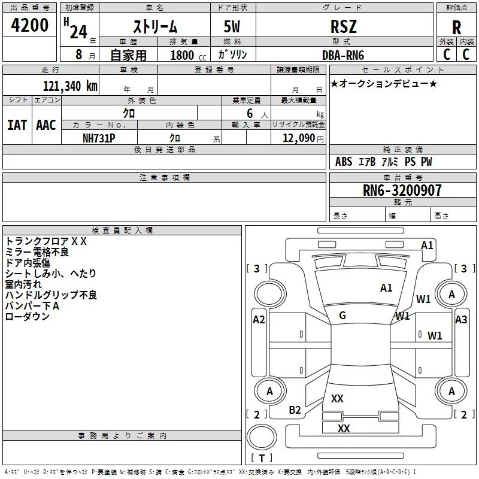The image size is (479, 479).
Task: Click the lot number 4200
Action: [29, 25]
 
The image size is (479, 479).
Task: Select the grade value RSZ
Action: [343, 26]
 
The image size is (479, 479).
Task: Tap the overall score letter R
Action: [456, 28]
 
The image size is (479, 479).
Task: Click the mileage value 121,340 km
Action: [70, 86]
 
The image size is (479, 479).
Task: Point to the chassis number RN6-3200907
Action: [402, 190]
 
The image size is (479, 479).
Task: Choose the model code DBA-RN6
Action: [343, 55]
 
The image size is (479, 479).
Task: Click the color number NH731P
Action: [99, 138]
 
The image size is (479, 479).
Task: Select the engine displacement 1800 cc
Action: [188, 55]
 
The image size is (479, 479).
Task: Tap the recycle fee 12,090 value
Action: [299, 138]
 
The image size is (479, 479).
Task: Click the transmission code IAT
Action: [17, 125]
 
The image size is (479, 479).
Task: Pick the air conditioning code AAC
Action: [46, 125]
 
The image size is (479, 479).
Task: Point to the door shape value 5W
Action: [232, 26]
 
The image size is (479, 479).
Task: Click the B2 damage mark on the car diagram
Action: [295, 410]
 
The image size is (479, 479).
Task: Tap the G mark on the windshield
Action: [342, 316]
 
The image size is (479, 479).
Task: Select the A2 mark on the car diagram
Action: [259, 320]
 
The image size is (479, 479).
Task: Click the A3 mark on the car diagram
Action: [461, 320]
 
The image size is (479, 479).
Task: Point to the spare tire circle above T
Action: [262, 437]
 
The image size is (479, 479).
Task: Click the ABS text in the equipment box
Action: [344, 162]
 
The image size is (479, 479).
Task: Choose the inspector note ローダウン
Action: [27, 316]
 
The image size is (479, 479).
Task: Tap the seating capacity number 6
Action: [250, 113]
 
